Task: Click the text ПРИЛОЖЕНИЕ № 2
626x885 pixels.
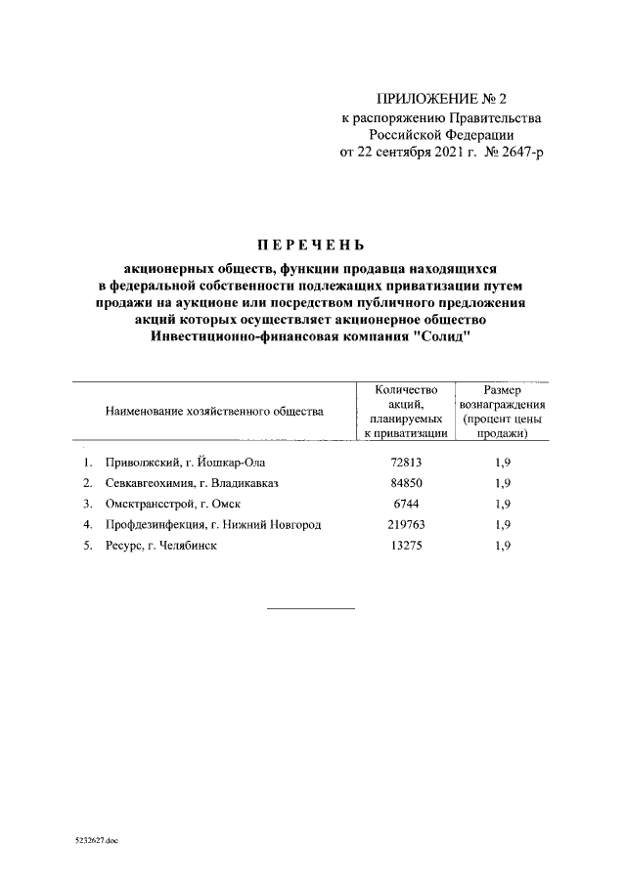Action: point(443,100)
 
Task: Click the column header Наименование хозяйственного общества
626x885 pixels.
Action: point(214,412)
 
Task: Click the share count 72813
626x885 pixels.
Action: point(405,462)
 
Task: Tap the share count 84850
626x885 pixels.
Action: point(405,483)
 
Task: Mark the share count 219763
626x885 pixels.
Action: point(405,525)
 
